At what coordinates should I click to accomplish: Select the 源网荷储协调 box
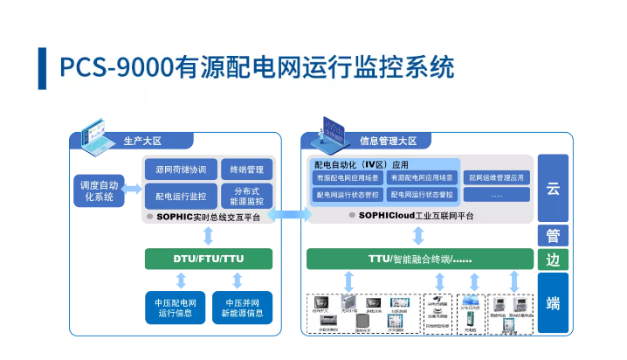coord(181,170)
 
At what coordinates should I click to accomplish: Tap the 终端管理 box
coord(247,170)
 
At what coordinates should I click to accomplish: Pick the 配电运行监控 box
coord(181,196)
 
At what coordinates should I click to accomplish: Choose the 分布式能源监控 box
coord(247,196)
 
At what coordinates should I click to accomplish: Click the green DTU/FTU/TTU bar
coord(209,259)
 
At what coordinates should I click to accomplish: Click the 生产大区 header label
coord(142,140)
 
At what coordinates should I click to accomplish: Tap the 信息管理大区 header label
coord(388,140)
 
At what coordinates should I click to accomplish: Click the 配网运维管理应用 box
coord(496,177)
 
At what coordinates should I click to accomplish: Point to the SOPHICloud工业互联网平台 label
coord(416,214)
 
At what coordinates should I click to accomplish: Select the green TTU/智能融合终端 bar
coord(419,259)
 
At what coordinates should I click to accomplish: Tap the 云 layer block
coord(553,188)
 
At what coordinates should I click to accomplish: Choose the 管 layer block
coord(553,235)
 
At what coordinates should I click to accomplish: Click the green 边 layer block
coord(553,260)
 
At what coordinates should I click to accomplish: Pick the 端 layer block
coord(553,303)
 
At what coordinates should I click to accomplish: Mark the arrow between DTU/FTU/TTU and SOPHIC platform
coord(209,236)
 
